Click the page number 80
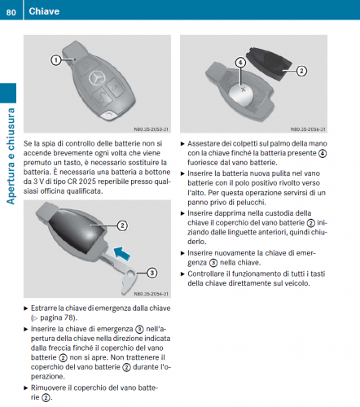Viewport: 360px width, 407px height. click(x=11, y=12)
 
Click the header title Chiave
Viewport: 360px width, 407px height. click(x=44, y=11)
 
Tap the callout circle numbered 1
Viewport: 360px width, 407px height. click(x=56, y=60)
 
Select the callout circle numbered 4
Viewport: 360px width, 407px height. click(x=240, y=63)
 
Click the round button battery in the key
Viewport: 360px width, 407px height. click(x=241, y=95)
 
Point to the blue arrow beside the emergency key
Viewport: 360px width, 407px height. click(x=122, y=253)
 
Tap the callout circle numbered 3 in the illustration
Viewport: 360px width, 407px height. click(x=152, y=273)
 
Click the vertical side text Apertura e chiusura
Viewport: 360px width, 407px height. click(x=11, y=156)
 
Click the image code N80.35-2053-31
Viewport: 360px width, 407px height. click(x=151, y=129)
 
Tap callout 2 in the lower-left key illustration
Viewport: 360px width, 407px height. click(x=122, y=225)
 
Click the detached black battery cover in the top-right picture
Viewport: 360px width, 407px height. click(x=270, y=63)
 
